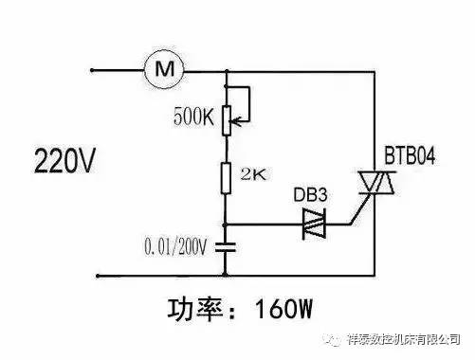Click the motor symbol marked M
[x=164, y=68]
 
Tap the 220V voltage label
[x=64, y=161]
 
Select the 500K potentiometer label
[x=193, y=117]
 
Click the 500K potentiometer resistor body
[x=227, y=121]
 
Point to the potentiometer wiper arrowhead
[x=236, y=120]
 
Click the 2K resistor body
[x=226, y=178]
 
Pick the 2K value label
[x=253, y=174]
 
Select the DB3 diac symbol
[x=314, y=224]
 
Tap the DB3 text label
[x=310, y=195]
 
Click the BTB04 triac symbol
[x=376, y=183]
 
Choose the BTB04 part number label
[x=410, y=155]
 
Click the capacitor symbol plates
[x=226, y=247]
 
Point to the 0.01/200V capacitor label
[x=175, y=246]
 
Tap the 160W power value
[x=283, y=309]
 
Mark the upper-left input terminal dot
[x=92, y=70]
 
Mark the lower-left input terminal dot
[x=98, y=276]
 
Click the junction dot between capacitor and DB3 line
[x=225, y=225]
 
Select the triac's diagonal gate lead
[x=360, y=209]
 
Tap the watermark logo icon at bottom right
[x=333, y=339]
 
